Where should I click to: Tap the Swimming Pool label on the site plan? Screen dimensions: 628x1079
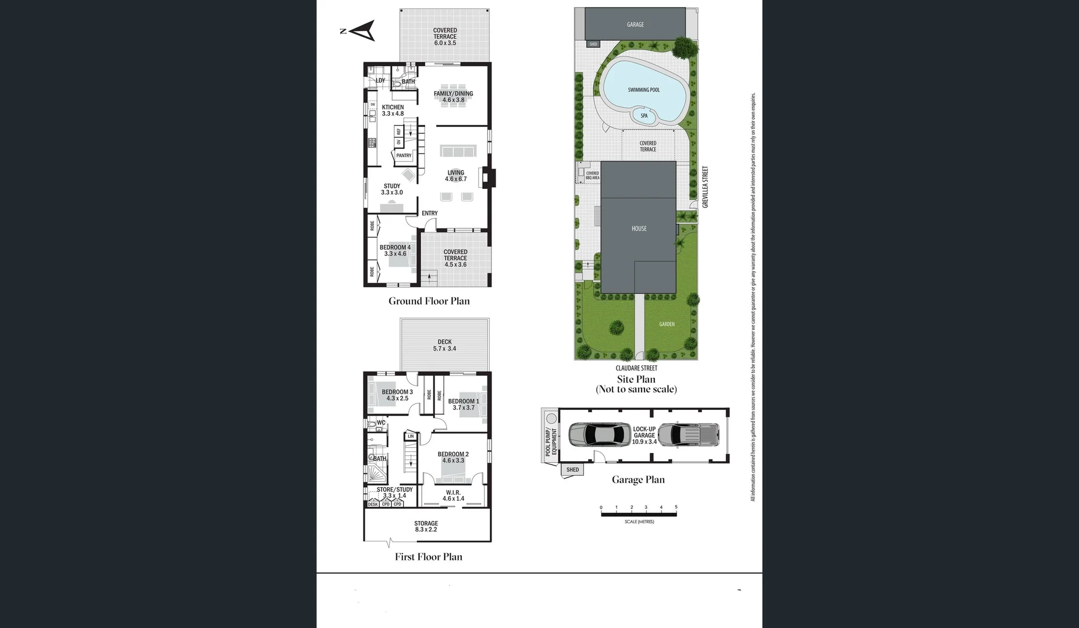click(x=643, y=90)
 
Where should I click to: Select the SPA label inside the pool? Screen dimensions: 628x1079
click(x=644, y=116)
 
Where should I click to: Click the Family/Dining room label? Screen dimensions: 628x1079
click(x=453, y=97)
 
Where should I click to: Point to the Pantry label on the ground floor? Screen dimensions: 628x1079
click(x=404, y=156)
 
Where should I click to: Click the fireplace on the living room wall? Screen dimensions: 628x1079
click(x=487, y=177)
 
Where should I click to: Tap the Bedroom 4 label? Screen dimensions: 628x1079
click(x=395, y=251)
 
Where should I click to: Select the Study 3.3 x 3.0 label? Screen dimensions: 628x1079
click(x=391, y=190)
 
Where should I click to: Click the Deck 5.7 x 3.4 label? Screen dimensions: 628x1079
click(x=444, y=345)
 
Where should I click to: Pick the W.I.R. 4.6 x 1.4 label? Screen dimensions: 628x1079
click(x=453, y=495)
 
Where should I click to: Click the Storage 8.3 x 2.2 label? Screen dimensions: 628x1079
click(x=426, y=526)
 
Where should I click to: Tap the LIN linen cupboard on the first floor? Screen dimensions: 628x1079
click(x=411, y=436)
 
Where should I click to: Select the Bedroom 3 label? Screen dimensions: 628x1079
click(x=397, y=395)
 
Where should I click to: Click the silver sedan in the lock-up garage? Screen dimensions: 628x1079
click(x=599, y=434)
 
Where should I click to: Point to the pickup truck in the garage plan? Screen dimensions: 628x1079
click(x=689, y=434)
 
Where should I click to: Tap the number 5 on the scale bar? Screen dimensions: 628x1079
click(x=676, y=508)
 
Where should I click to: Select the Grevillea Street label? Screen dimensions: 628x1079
click(x=705, y=187)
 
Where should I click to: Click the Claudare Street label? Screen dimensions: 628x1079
click(x=636, y=368)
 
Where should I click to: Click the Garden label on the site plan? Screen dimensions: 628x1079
click(x=667, y=324)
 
